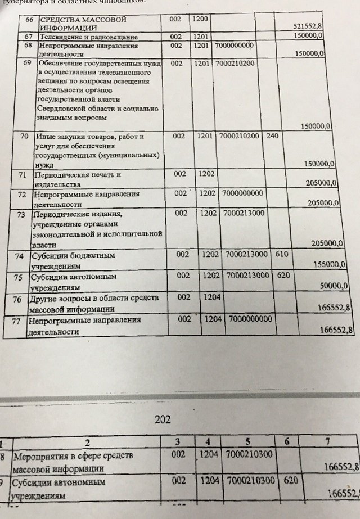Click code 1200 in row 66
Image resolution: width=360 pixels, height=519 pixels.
[x=200, y=19]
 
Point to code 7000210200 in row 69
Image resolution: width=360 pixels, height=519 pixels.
[x=236, y=64]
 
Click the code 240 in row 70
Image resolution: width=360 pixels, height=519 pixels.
[x=272, y=137]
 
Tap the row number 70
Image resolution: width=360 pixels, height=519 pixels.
[x=24, y=137]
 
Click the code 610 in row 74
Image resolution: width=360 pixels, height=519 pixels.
[x=282, y=255]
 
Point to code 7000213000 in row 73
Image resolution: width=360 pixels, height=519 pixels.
[x=243, y=214]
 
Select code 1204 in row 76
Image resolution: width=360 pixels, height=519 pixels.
[x=211, y=297]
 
